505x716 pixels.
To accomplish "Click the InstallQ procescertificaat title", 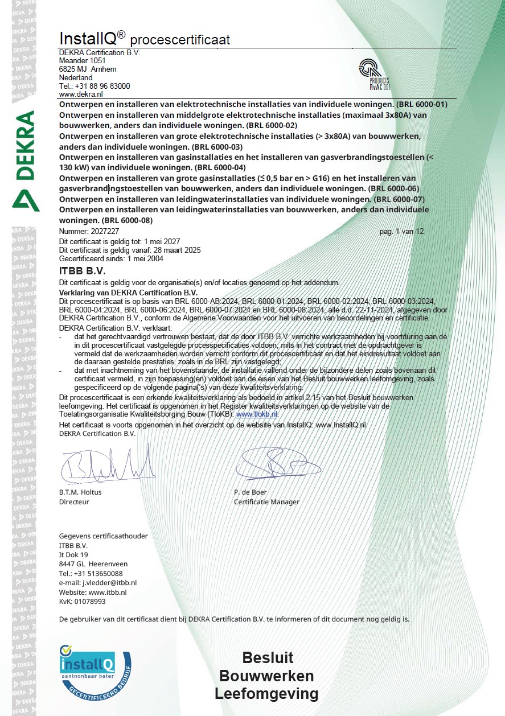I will click(x=145, y=39).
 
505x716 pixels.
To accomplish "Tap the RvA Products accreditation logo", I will click(x=374, y=73).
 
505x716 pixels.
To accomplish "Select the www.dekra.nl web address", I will click(x=81, y=94).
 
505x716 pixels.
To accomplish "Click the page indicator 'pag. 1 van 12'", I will click(x=401, y=232).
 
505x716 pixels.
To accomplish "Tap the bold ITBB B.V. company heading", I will click(x=83, y=270).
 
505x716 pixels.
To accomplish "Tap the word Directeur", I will click(x=74, y=502).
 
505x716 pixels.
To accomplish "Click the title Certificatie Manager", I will click(x=266, y=502).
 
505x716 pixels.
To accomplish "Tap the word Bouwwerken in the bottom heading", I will click(x=266, y=676).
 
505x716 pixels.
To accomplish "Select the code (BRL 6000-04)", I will click(x=220, y=168).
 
